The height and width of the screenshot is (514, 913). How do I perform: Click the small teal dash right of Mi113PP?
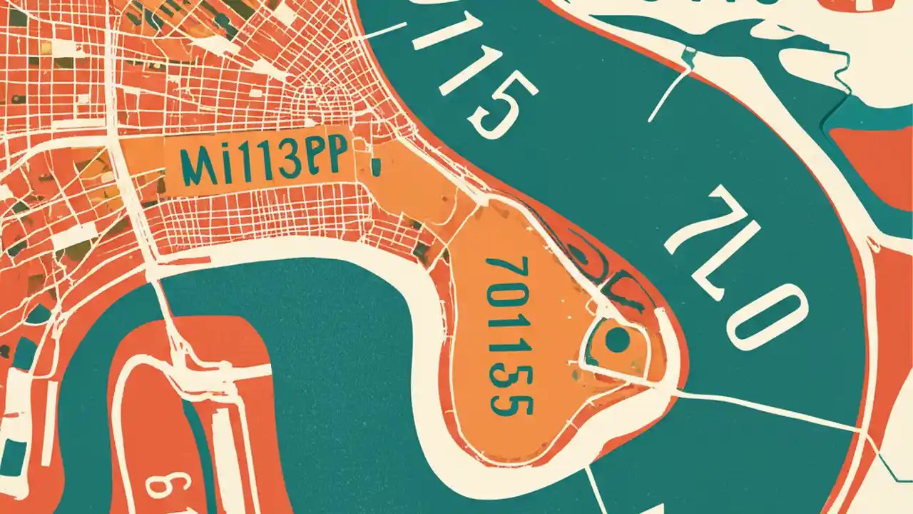[376, 166]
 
